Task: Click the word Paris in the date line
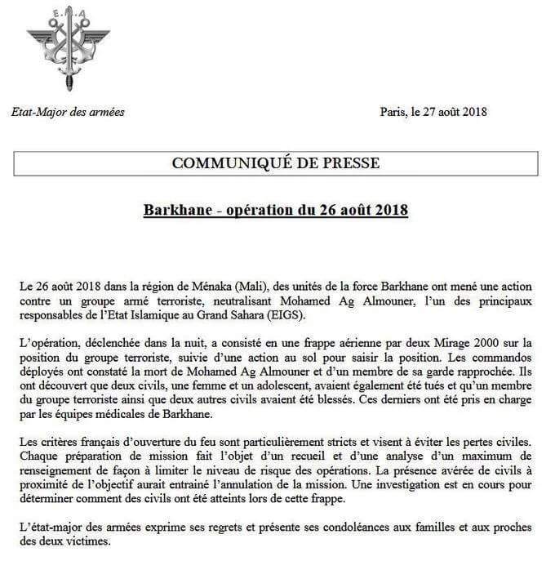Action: (x=395, y=112)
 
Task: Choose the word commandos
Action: (x=507, y=357)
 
